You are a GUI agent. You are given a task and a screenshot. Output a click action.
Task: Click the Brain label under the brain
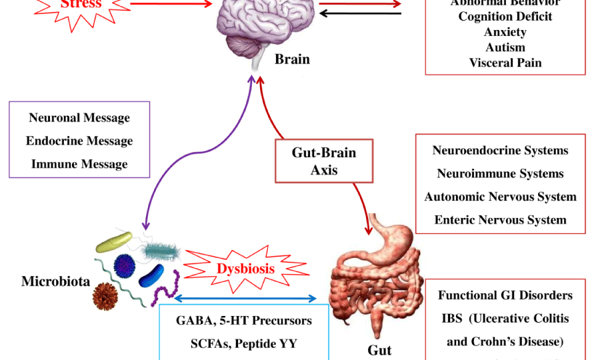tap(292, 59)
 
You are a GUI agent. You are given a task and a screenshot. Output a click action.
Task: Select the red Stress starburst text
tap(81, 4)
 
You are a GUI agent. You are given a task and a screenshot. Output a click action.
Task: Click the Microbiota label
tap(55, 281)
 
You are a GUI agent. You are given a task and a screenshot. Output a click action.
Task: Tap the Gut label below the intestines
tap(379, 350)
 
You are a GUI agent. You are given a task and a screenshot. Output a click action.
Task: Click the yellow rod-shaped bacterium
tap(115, 242)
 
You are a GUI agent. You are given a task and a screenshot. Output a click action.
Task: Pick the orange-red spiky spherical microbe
tap(106, 294)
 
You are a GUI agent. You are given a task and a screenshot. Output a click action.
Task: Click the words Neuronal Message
tap(79, 118)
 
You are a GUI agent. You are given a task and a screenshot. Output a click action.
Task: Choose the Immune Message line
tap(79, 163)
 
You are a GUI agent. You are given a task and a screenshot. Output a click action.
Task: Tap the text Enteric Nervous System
tap(500, 219)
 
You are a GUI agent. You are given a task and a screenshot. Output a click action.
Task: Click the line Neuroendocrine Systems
tap(500, 150)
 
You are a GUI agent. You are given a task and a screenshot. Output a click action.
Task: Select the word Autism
tap(505, 47)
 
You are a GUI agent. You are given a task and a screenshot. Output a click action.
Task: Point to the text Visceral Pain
tap(505, 63)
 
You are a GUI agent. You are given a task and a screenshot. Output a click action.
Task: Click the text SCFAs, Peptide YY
tap(244, 344)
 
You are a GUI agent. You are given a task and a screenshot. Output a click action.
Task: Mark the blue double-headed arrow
tap(245, 299)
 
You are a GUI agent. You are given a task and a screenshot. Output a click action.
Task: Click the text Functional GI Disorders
tap(505, 295)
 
